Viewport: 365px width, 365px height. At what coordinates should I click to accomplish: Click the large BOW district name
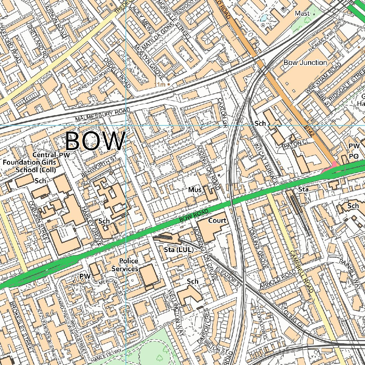95,141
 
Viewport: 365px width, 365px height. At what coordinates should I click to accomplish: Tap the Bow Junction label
305,62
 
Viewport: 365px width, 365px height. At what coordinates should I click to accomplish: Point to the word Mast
302,14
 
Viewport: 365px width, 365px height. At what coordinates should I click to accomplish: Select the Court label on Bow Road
217,221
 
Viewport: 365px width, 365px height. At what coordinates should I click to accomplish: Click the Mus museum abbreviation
195,190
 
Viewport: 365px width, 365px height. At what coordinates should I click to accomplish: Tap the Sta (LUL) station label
179,250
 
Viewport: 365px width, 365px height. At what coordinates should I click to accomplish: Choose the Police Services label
125,265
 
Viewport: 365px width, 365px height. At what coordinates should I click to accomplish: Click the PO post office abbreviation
353,156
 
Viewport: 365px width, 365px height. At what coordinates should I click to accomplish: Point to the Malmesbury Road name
103,115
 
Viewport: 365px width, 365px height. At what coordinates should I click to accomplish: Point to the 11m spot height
160,84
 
